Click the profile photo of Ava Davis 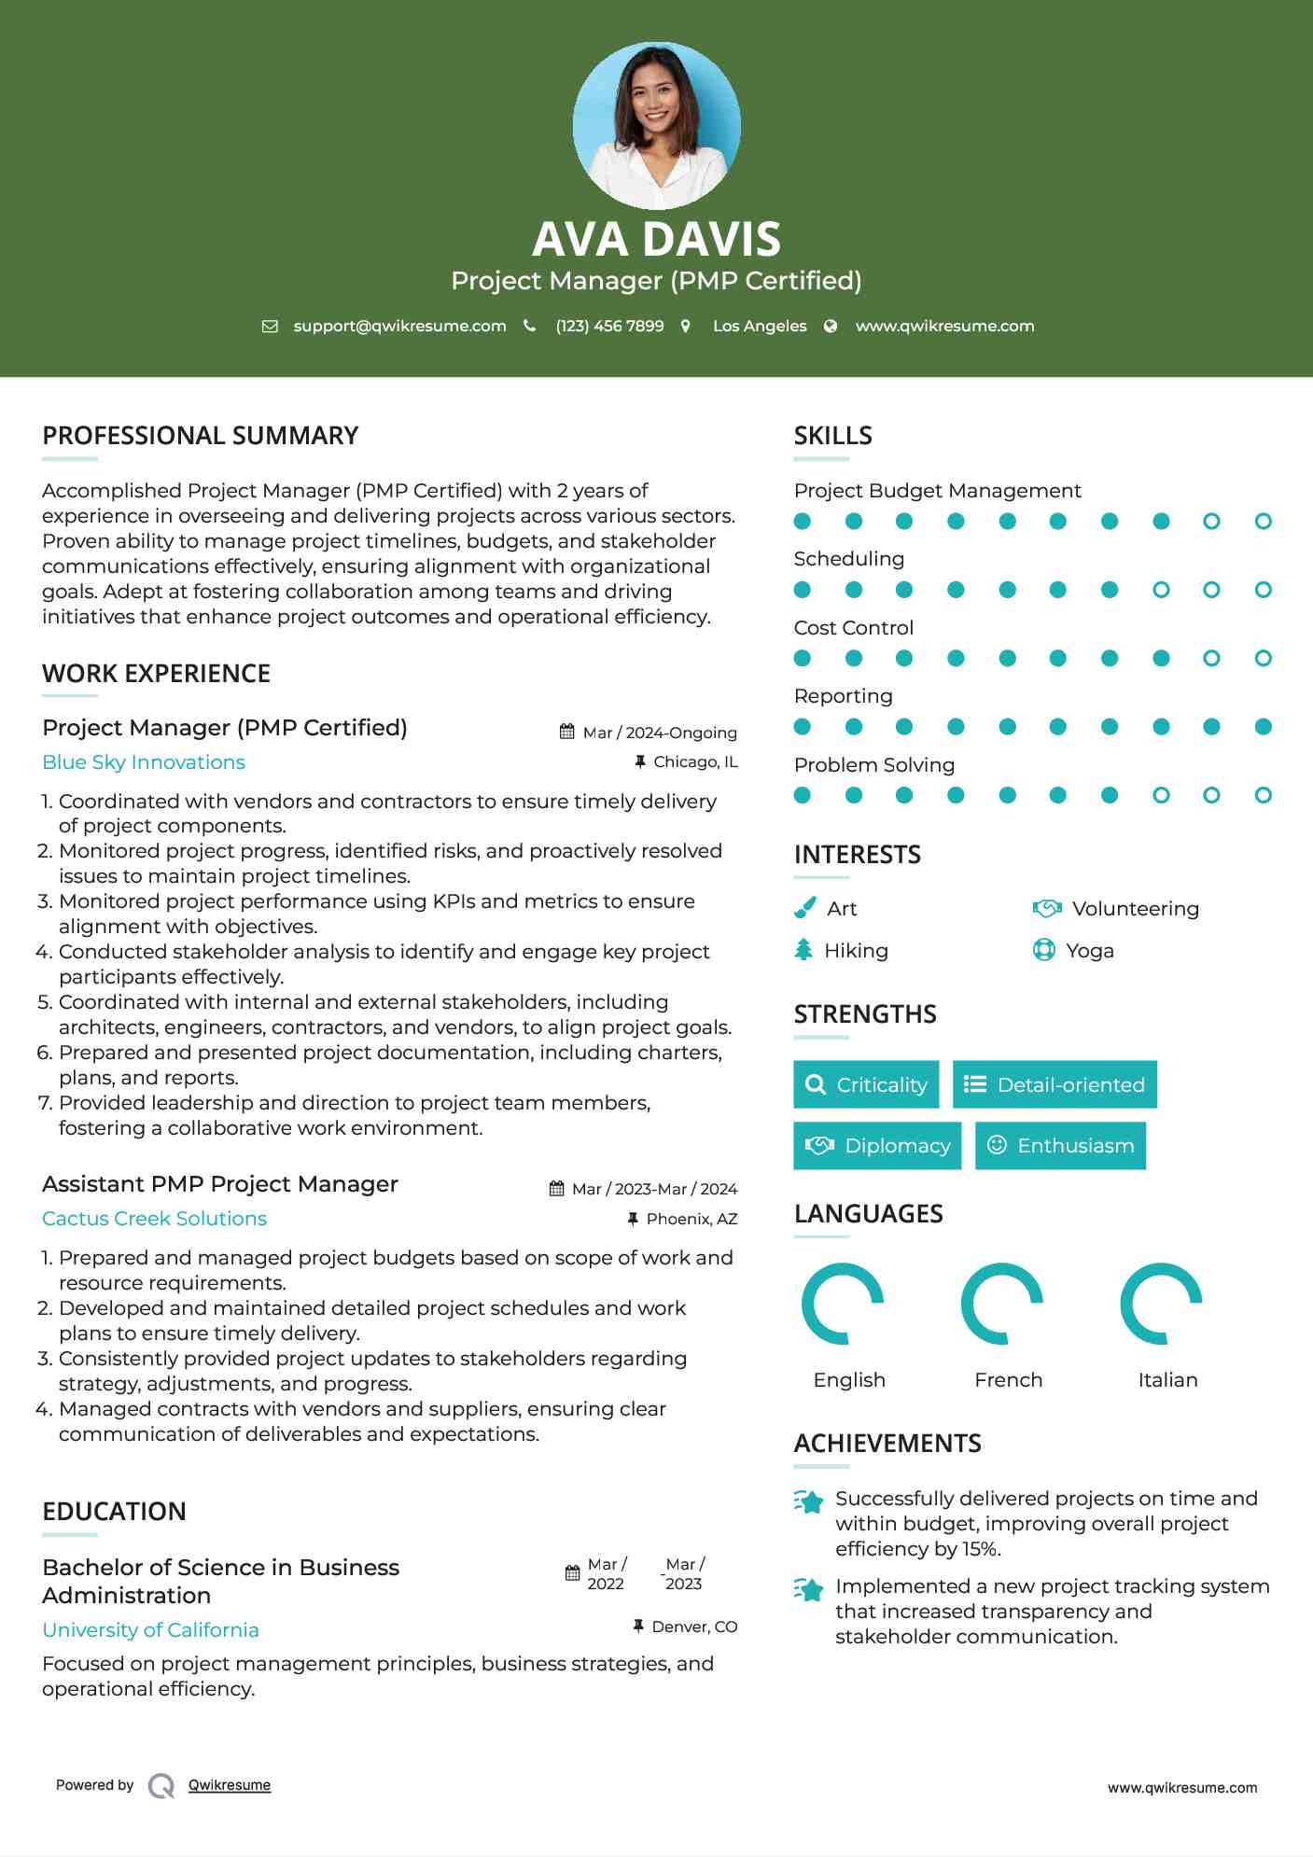tap(656, 125)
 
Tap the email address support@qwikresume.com tap(399, 326)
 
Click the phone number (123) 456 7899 tap(609, 326)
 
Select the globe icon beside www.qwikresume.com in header tap(831, 326)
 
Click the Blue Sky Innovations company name tap(144, 762)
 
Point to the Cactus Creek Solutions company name tap(154, 1219)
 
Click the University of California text tap(150, 1630)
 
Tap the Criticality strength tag tap(866, 1084)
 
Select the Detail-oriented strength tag tap(1055, 1084)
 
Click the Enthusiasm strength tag tap(1060, 1146)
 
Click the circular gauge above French tap(1002, 1304)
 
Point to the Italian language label tap(1167, 1380)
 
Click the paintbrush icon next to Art tap(804, 908)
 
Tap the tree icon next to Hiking tap(803, 950)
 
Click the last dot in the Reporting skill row tap(1263, 727)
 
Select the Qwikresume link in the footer tap(230, 1785)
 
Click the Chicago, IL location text tap(695, 762)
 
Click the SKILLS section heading tap(832, 436)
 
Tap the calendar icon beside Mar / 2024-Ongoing tap(566, 732)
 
